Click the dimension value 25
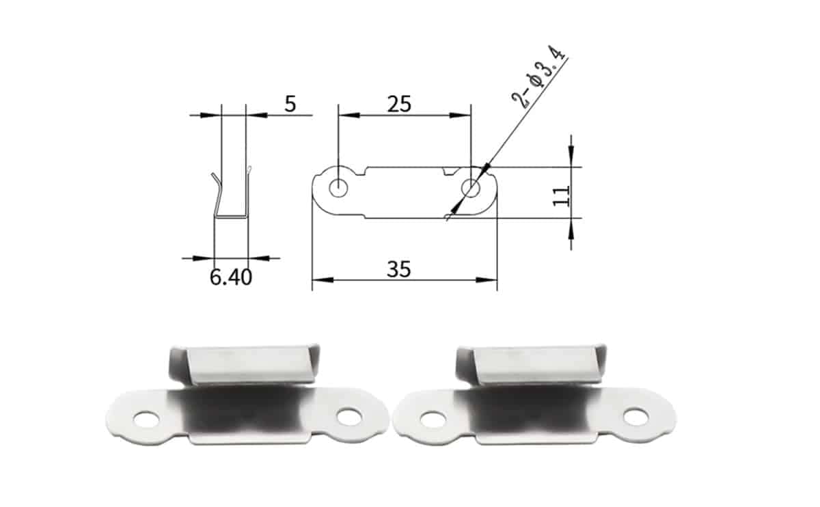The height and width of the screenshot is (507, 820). tap(399, 104)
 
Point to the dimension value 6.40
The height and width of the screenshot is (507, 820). tap(230, 277)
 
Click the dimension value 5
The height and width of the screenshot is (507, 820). tap(290, 105)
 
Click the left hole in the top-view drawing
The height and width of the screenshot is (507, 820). tap(337, 187)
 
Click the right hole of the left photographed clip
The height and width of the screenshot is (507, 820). tap(349, 415)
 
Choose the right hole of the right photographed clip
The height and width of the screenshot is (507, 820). tap(635, 414)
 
